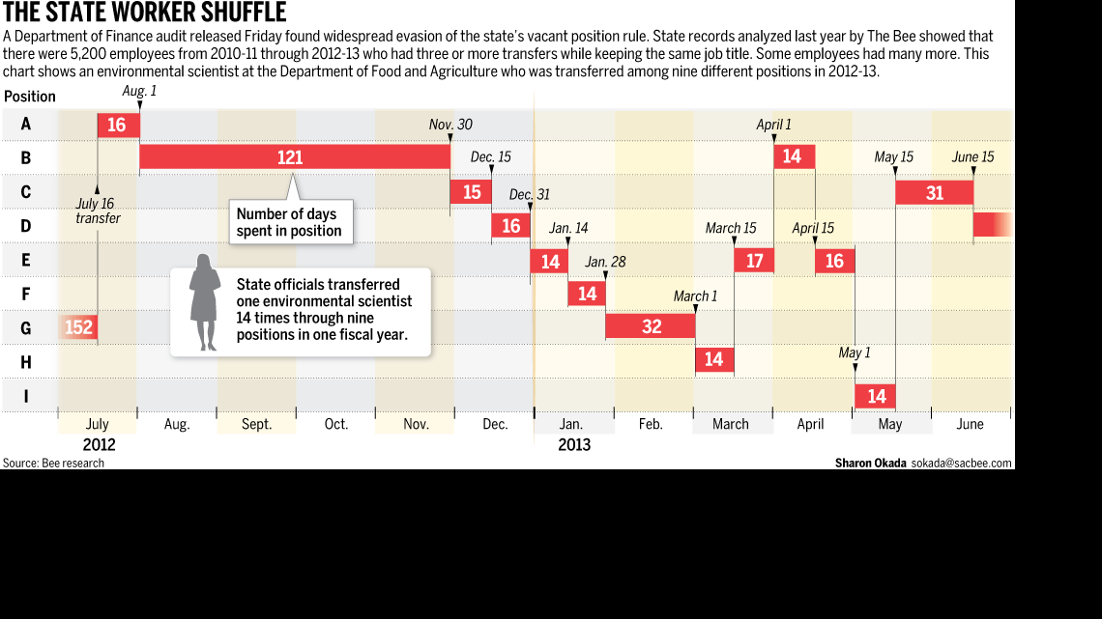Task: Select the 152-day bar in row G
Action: coord(77,327)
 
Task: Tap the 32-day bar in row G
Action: coord(651,326)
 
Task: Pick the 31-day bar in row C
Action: coord(934,192)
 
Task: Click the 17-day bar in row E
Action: coord(754,261)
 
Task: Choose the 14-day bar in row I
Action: coord(876,396)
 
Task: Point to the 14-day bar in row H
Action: coord(714,360)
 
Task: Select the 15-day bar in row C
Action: coord(471,192)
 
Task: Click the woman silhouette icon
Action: coord(204,302)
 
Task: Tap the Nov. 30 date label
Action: coord(450,125)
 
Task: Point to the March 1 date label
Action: coord(695,296)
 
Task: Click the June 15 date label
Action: coord(972,157)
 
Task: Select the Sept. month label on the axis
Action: coord(256,424)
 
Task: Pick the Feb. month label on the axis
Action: coord(651,424)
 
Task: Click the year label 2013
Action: coord(574,445)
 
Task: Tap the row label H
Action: coord(25,361)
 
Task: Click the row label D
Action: coord(25,226)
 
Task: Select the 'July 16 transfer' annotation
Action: coord(98,211)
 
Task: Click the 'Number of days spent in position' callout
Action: coord(289,222)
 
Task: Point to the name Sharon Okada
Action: coord(870,464)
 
